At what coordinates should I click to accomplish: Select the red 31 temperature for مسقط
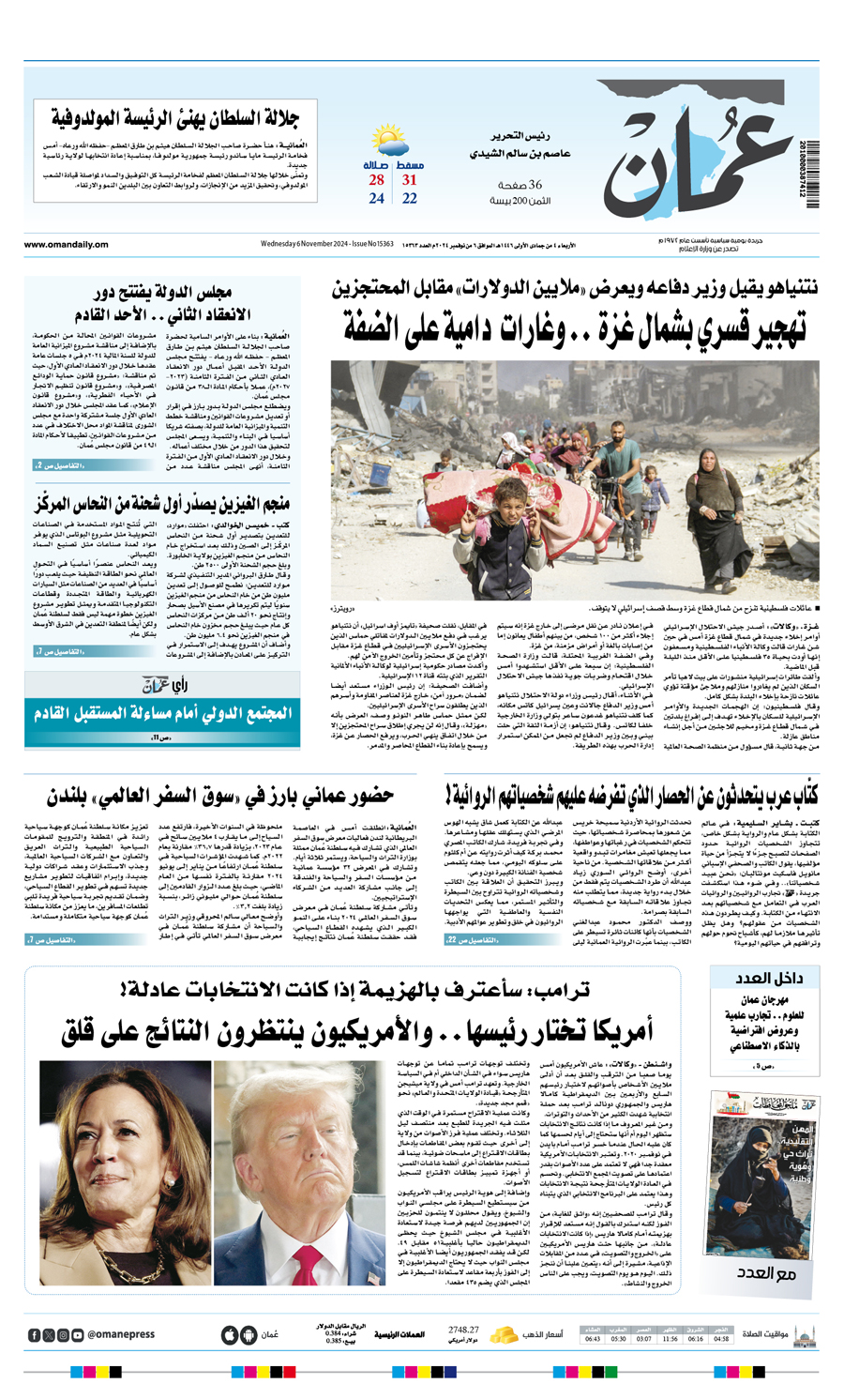410,180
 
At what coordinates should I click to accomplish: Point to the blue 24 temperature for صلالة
376,199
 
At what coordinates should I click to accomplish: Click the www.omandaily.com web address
67,245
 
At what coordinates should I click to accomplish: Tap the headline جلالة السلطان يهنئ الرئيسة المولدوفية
173,118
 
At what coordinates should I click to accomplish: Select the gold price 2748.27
463,1330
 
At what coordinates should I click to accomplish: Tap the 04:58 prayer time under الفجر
721,1339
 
